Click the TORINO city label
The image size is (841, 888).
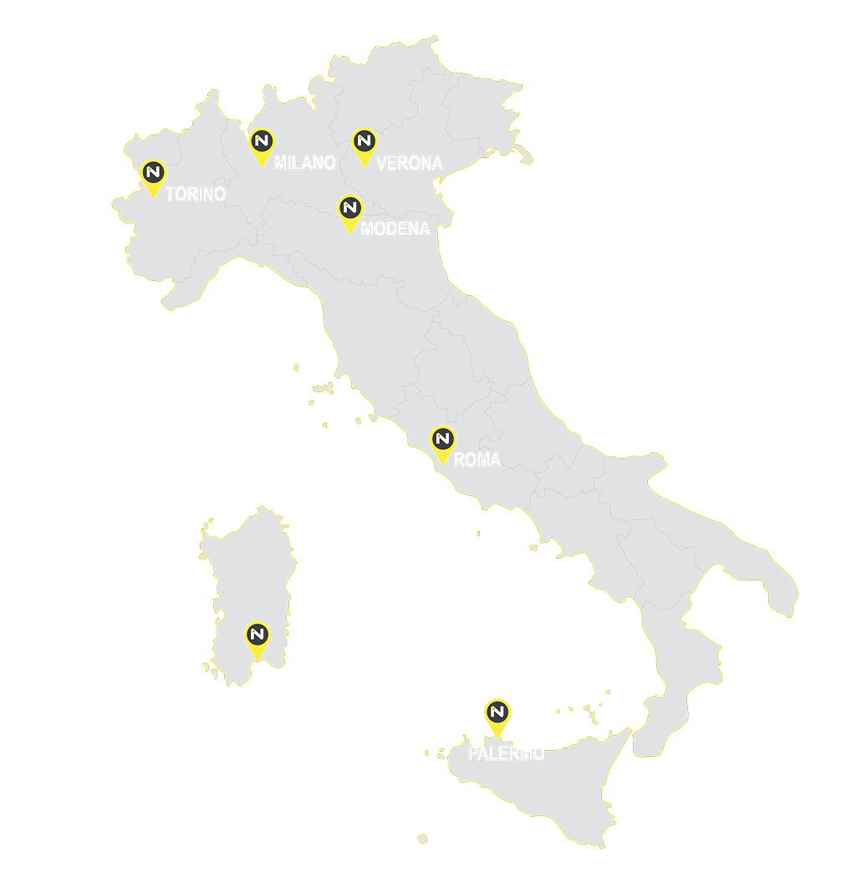click(196, 194)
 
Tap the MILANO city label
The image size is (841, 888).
click(304, 162)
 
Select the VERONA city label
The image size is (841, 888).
click(409, 163)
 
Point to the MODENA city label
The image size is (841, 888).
click(395, 228)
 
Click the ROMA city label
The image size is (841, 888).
click(477, 460)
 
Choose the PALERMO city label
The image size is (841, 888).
click(506, 753)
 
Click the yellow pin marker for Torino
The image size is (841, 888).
click(153, 176)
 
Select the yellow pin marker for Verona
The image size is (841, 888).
click(364, 145)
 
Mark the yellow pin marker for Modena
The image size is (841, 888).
click(349, 212)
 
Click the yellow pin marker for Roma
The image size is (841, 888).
click(442, 443)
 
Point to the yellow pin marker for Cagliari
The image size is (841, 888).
click(257, 638)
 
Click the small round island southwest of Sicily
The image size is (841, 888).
click(422, 838)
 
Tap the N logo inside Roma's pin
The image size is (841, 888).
click(442, 438)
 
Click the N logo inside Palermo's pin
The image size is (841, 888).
click(497, 711)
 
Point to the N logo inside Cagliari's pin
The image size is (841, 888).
click(257, 633)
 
